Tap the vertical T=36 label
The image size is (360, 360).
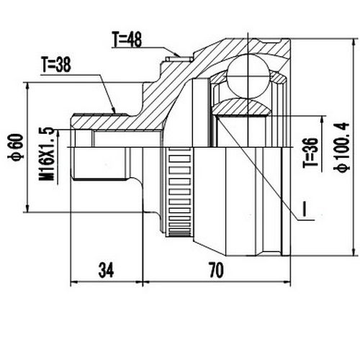pos(310,152)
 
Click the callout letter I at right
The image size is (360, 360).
pos(305,210)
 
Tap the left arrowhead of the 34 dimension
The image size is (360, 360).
pos(73,281)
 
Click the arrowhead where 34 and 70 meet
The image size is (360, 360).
pos(143,281)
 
